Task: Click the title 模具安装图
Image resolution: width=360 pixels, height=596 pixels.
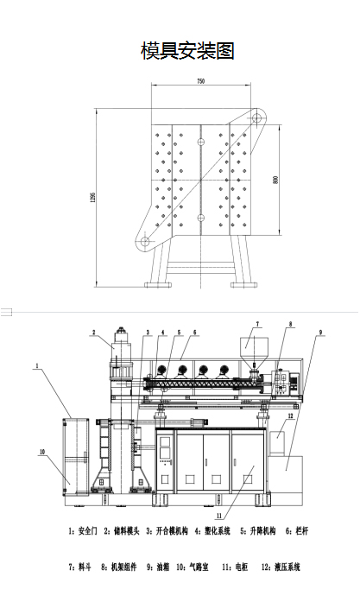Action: pyautogui.click(x=187, y=51)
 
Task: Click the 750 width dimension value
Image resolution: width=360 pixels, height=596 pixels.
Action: pyautogui.click(x=201, y=81)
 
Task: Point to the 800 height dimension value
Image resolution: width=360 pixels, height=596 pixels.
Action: pyautogui.click(x=275, y=180)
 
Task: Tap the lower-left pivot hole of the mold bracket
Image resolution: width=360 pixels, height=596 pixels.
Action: pyautogui.click(x=145, y=241)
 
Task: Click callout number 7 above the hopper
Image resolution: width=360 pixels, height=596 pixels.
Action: pyautogui.click(x=257, y=324)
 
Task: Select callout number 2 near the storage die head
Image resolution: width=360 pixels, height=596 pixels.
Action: pyautogui.click(x=94, y=333)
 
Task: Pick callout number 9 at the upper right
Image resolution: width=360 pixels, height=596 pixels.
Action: pyautogui.click(x=320, y=333)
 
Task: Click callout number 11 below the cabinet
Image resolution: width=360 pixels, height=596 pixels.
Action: pyautogui.click(x=219, y=516)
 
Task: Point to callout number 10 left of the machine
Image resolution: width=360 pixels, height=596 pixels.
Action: pyautogui.click(x=42, y=452)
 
